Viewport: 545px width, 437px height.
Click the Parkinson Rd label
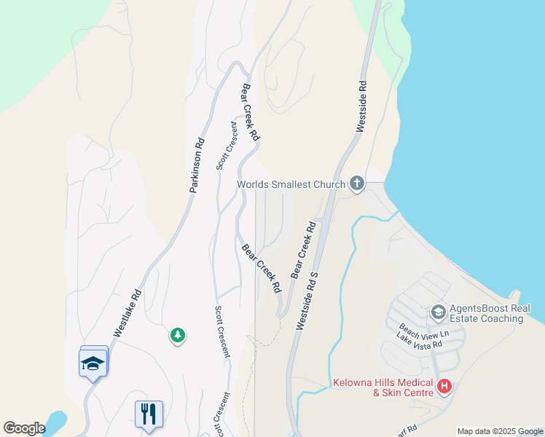196,165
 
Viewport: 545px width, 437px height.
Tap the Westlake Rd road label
126,319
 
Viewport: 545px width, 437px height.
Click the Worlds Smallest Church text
291,184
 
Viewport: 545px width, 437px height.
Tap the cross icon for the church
357,183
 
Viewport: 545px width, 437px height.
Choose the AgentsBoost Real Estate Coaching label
489,313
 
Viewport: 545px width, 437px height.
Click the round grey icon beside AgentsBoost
438,312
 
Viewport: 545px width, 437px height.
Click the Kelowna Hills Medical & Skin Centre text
383,387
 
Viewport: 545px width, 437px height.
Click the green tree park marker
177,335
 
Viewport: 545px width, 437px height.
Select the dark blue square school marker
93,363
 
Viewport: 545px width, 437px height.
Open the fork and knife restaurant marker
149,414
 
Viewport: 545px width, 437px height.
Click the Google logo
24,428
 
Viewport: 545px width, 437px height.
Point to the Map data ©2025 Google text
500,431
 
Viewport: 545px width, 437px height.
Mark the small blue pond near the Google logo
55,420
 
